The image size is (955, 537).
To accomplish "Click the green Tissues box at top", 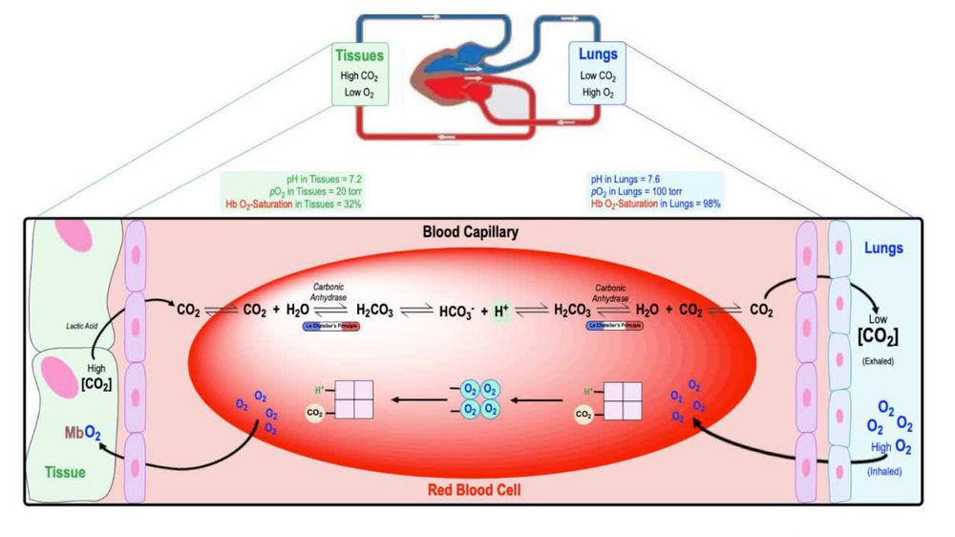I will pos(359,74).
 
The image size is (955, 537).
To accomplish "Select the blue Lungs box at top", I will pos(598,74).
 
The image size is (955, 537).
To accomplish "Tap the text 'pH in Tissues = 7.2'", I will pos(324,179).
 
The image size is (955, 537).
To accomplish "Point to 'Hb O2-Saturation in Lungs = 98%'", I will pos(655,204).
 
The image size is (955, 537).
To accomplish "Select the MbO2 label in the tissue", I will pos(83,432).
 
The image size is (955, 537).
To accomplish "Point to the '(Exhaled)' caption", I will pos(878,361).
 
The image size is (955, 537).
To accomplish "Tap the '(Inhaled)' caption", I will pos(882,470).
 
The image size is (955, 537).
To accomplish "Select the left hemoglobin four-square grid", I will pos(353,398).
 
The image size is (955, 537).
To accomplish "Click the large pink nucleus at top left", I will pos(73,239).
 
